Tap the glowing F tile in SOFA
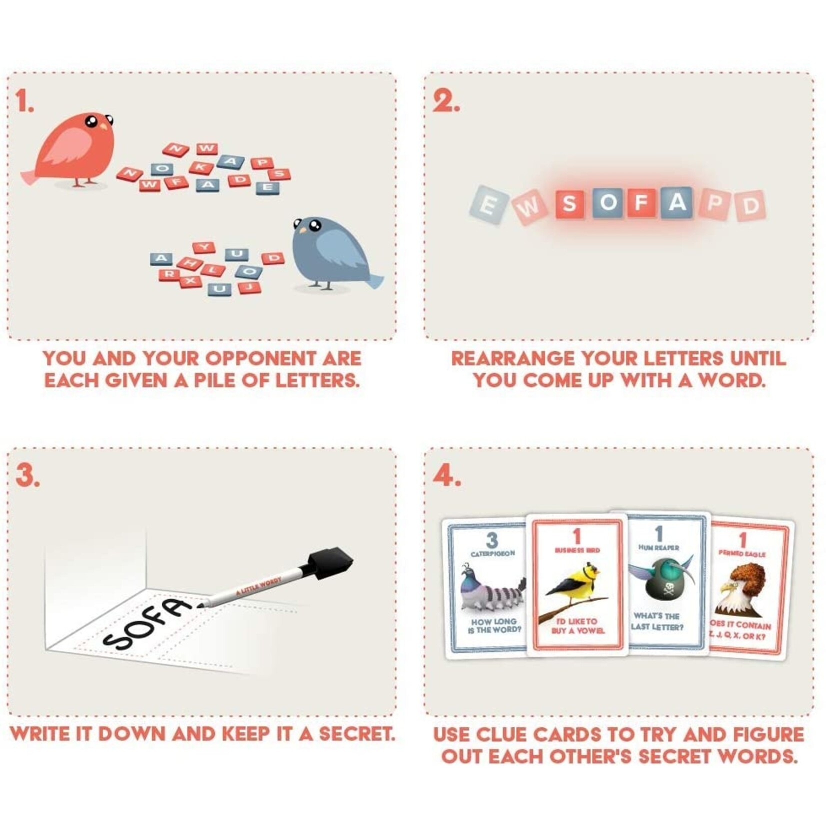[x=640, y=202]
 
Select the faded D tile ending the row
[x=750, y=205]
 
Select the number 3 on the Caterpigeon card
[x=492, y=540]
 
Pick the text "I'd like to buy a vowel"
[x=577, y=625]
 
